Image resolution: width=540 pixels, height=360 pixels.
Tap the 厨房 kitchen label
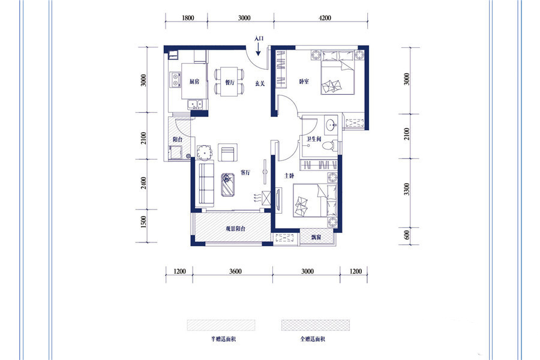[194, 82]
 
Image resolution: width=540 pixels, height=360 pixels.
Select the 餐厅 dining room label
[230, 82]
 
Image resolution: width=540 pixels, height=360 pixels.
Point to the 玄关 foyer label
[260, 83]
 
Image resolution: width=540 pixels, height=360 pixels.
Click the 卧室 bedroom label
[304, 82]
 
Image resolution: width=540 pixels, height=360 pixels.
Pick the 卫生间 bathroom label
[314, 139]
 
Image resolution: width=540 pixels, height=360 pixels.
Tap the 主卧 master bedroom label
[289, 176]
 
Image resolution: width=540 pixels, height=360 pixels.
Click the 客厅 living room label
[245, 173]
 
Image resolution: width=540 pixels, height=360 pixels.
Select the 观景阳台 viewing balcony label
[236, 229]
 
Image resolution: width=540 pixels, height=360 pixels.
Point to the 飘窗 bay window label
[316, 237]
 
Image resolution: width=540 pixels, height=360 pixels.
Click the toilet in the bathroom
[329, 145]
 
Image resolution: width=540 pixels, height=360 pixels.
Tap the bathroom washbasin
[332, 124]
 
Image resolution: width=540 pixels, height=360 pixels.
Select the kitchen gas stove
[175, 80]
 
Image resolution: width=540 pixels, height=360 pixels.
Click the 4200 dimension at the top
[325, 18]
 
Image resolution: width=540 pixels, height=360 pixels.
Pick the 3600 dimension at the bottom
[236, 271]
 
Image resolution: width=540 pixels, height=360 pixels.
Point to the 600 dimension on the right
[407, 235]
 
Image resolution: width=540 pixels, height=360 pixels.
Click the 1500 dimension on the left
[143, 222]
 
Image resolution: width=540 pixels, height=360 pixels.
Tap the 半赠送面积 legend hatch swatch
[221, 325]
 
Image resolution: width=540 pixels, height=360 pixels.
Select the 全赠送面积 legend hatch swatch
[316, 325]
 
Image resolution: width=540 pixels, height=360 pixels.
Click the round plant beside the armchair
[205, 152]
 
